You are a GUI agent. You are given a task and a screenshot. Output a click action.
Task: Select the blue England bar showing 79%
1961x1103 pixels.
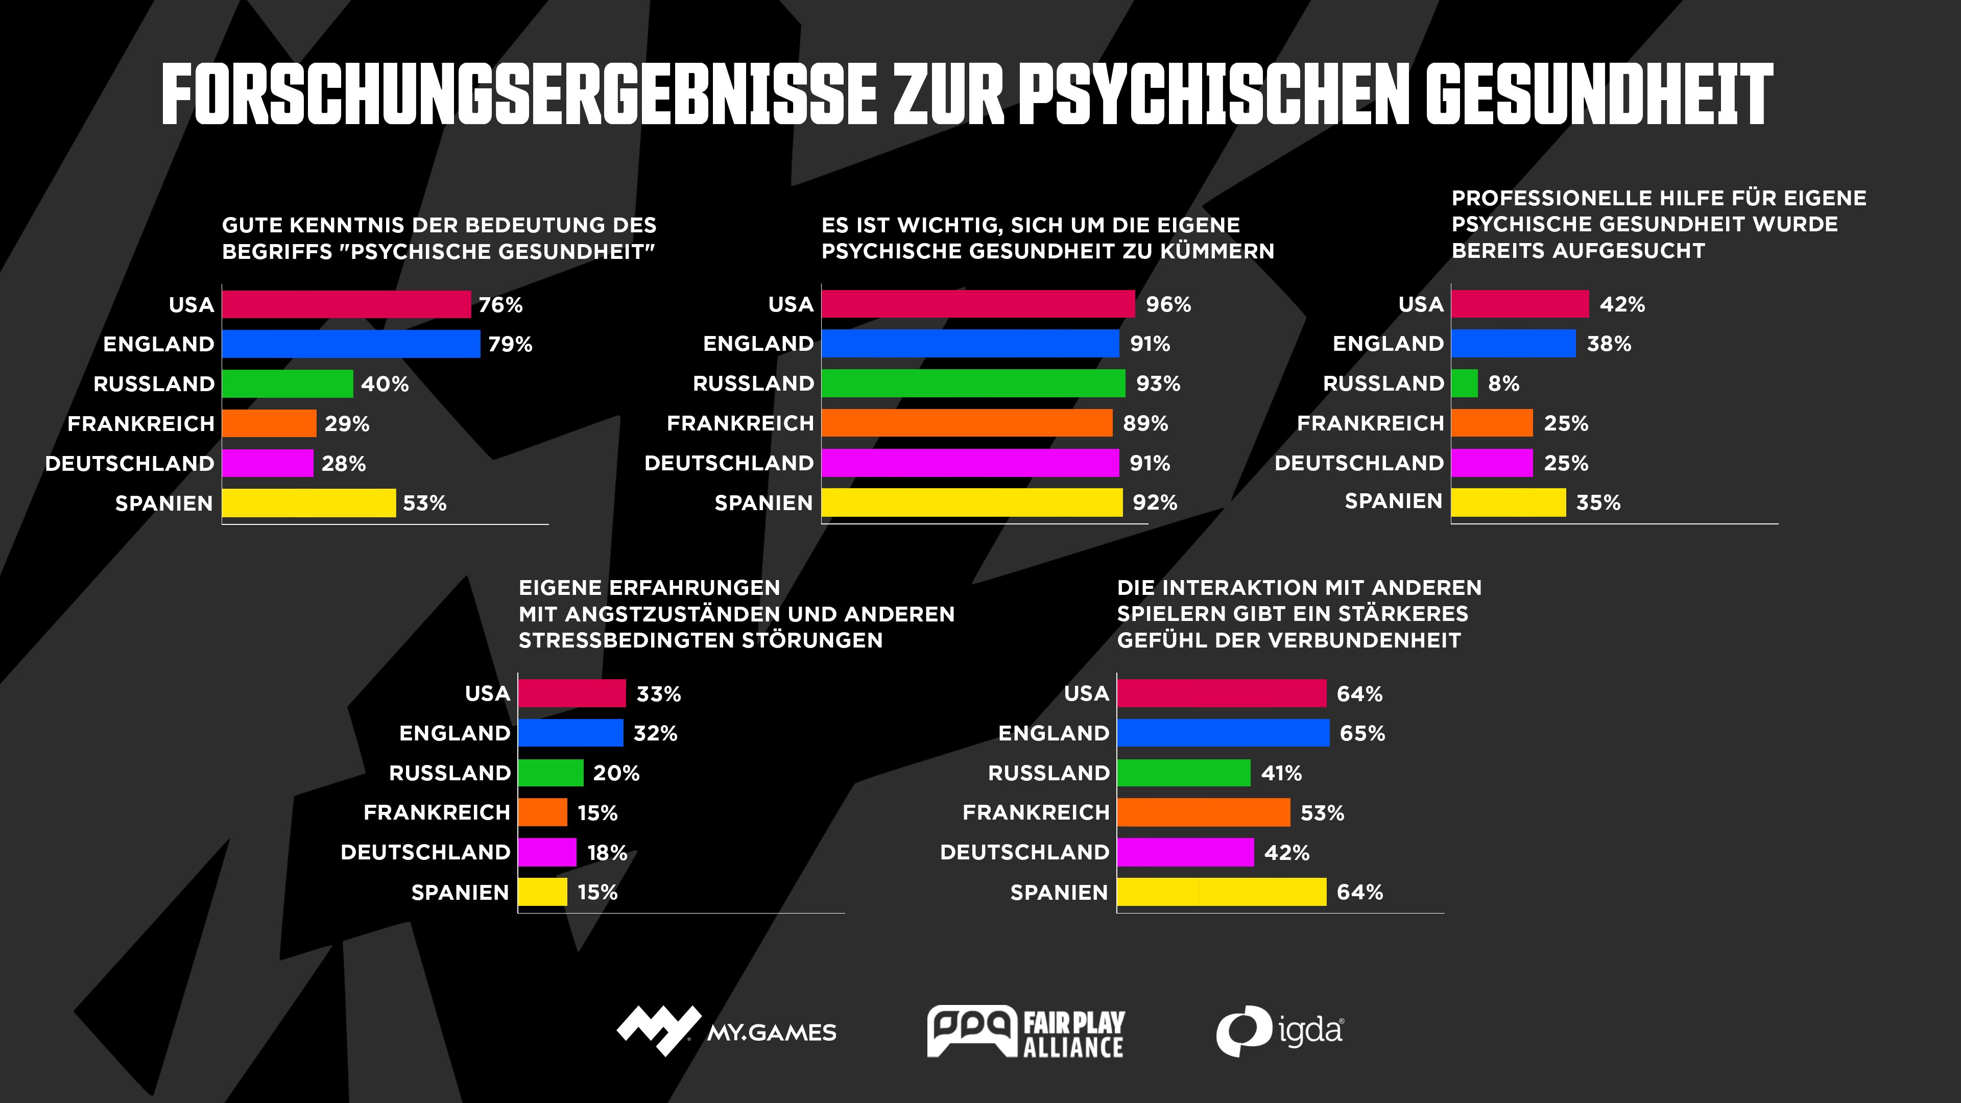[x=351, y=344]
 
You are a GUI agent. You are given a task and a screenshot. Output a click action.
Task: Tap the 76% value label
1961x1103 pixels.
[x=500, y=305]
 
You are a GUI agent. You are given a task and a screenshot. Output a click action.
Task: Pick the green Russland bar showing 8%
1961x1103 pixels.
[x=1465, y=383]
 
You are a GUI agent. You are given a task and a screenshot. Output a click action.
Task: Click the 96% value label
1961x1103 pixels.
[x=1168, y=304]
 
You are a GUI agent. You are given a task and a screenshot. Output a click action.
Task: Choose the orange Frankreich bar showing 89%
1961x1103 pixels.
[x=967, y=423]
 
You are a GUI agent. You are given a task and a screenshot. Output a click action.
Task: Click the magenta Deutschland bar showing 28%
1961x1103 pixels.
[x=267, y=463]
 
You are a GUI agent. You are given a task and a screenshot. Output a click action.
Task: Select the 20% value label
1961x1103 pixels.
[x=616, y=774]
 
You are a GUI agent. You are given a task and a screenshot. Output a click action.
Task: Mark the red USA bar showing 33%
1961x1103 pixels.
[x=572, y=693]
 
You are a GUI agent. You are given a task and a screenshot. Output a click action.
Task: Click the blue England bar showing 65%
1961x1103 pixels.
[x=1224, y=733]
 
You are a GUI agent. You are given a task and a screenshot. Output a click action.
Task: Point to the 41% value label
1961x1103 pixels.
[x=1281, y=774]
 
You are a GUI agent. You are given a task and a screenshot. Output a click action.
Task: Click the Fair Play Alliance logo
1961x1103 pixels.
[x=1025, y=1032]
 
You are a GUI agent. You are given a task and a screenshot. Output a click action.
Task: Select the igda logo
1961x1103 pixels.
[x=1279, y=1032]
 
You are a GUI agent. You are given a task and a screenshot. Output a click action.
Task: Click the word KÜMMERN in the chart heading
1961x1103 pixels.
[x=1216, y=251]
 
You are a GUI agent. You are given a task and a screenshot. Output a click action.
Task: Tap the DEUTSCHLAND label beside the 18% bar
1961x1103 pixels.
[x=425, y=853]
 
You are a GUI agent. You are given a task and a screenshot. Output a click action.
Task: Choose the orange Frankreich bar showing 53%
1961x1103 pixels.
[x=1204, y=813]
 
